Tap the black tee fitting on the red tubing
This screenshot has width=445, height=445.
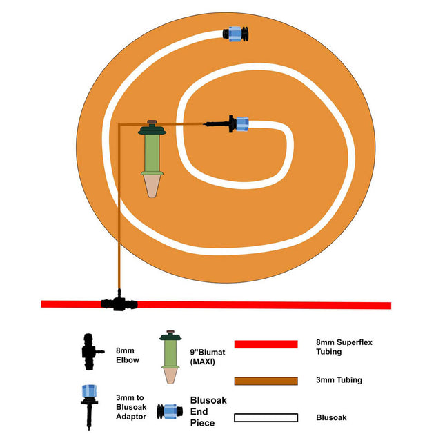click(x=119, y=302)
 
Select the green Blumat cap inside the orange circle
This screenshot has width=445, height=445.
click(x=152, y=129)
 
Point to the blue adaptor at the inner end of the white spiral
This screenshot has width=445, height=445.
click(x=241, y=123)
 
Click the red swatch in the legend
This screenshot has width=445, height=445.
click(x=266, y=344)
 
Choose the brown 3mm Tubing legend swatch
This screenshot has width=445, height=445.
click(x=266, y=380)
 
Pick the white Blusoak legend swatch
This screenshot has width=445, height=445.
click(x=266, y=417)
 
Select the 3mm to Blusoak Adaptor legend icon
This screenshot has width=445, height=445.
click(x=88, y=407)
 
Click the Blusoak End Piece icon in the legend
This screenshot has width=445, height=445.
click(x=168, y=413)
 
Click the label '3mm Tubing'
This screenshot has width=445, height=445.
click(x=339, y=380)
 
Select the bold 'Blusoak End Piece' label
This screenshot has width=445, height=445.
click(x=208, y=411)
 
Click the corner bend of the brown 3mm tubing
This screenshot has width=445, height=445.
click(x=119, y=125)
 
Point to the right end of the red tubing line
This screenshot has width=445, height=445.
click(x=388, y=305)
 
